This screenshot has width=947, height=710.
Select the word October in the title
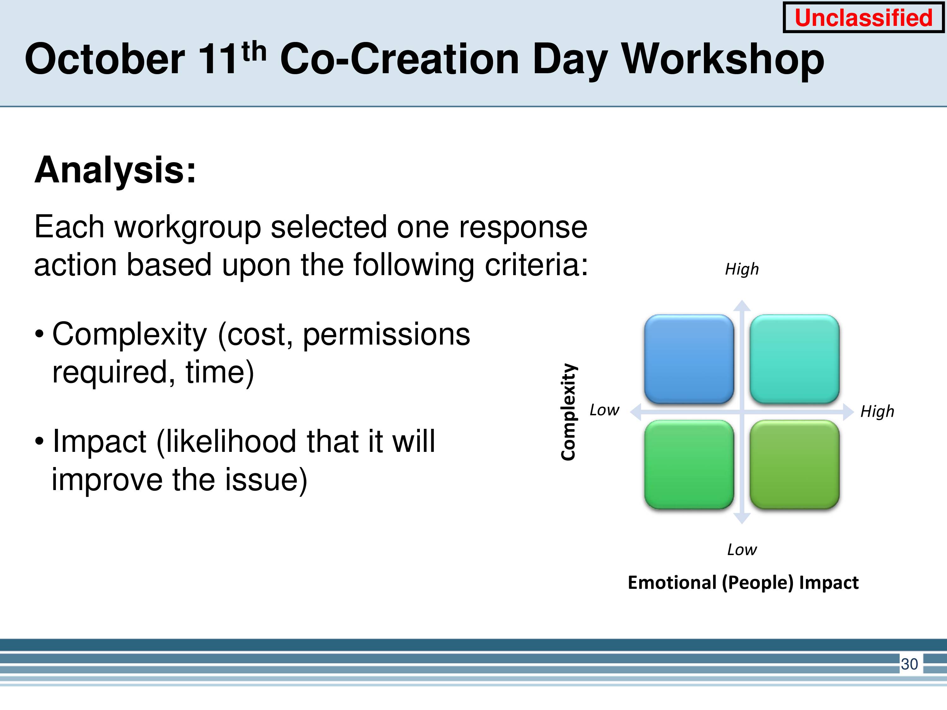[105, 59]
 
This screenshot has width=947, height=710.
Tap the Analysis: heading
[115, 171]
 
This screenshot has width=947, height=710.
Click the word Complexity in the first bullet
[130, 335]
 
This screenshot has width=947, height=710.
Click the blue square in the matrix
[689, 359]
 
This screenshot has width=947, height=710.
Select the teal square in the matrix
[794, 359]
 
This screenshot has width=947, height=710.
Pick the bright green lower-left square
[689, 464]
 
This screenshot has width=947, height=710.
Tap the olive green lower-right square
[794, 464]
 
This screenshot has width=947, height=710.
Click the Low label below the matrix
[742, 549]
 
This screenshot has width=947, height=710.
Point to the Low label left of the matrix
[604, 410]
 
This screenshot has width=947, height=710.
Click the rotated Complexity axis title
[569, 412]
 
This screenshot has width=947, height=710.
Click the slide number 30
[909, 664]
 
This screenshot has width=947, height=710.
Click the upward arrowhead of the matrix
[742, 305]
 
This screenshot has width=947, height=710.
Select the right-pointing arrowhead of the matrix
[849, 412]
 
